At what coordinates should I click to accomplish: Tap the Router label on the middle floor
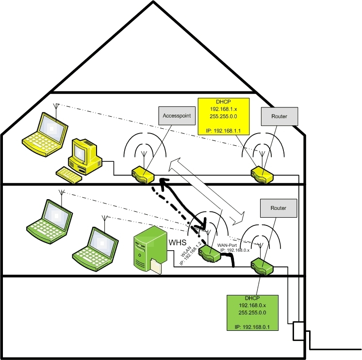tap(279, 207)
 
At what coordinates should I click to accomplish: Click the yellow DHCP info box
tap(224, 116)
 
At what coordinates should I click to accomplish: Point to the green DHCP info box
tap(252, 313)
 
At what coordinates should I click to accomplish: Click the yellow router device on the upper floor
tap(262, 174)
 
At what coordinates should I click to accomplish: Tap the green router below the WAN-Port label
tap(212, 253)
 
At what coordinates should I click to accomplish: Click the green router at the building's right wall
tap(262, 266)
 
